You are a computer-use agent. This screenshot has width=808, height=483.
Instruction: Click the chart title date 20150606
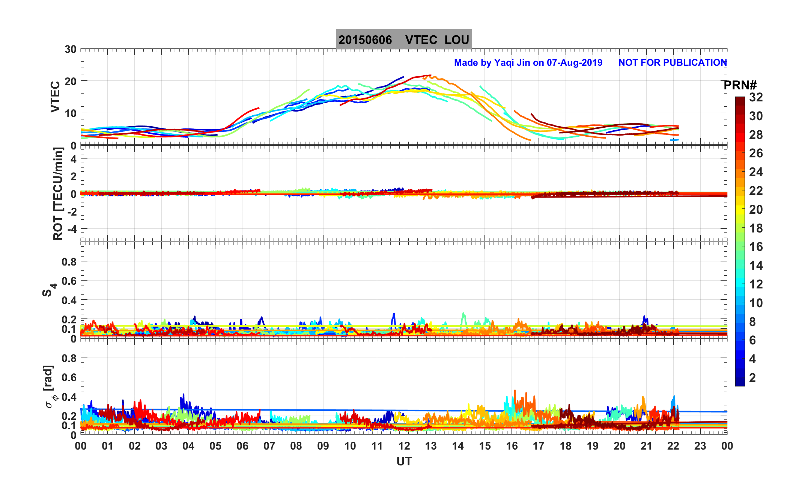point(365,40)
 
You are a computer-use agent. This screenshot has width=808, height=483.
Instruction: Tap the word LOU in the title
point(457,40)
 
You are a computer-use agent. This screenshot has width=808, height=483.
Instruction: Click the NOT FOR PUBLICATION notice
point(673,62)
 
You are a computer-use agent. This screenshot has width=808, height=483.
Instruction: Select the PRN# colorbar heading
point(740,85)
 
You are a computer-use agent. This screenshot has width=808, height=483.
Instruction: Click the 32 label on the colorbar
point(756,97)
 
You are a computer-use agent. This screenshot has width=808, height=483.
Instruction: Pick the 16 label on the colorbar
point(756,247)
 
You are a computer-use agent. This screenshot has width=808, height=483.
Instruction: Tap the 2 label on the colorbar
point(752,377)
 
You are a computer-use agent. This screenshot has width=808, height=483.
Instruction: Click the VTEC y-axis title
point(55,97)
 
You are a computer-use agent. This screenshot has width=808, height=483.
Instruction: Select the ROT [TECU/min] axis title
point(58,194)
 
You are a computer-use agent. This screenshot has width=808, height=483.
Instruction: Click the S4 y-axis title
point(49,290)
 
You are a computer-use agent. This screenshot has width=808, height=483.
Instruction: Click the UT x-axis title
point(404,461)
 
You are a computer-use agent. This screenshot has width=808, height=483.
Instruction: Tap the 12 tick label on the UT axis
point(404,446)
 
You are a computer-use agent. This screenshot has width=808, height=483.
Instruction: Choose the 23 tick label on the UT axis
point(700,446)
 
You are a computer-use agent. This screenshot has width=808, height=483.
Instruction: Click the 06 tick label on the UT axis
point(242,446)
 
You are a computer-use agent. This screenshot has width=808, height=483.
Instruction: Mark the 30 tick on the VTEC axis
point(70,50)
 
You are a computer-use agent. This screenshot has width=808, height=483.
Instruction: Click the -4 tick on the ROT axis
point(70,229)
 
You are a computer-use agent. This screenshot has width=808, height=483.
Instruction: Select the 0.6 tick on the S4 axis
point(69,281)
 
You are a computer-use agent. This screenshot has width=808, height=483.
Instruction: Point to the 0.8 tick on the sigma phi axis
point(69,358)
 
